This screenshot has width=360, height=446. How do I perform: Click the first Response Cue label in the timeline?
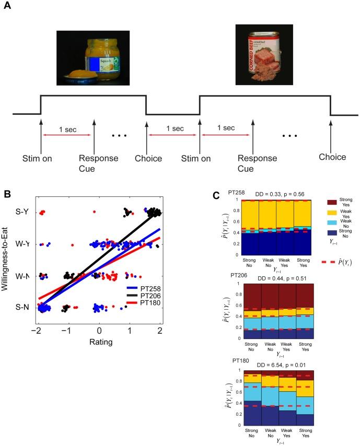point(94,161)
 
